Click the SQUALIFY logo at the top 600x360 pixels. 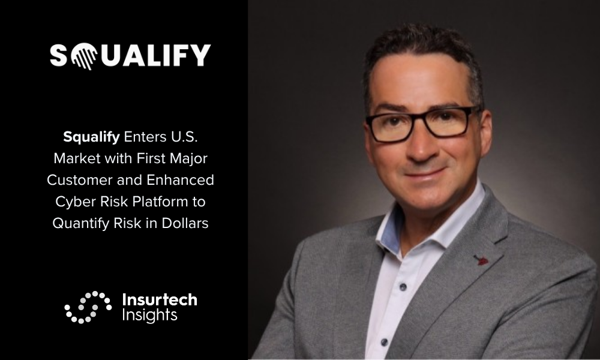[x=130, y=56]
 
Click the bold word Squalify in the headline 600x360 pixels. [x=91, y=137]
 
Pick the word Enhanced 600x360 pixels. [x=180, y=180]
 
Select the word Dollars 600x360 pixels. [x=185, y=223]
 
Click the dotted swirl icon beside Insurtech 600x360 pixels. [x=88, y=307]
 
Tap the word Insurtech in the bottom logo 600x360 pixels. [x=160, y=300]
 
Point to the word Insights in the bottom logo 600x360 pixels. [x=149, y=315]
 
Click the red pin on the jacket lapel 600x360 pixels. [x=481, y=260]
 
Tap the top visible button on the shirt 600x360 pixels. [x=403, y=286]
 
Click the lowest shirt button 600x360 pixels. [x=384, y=341]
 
